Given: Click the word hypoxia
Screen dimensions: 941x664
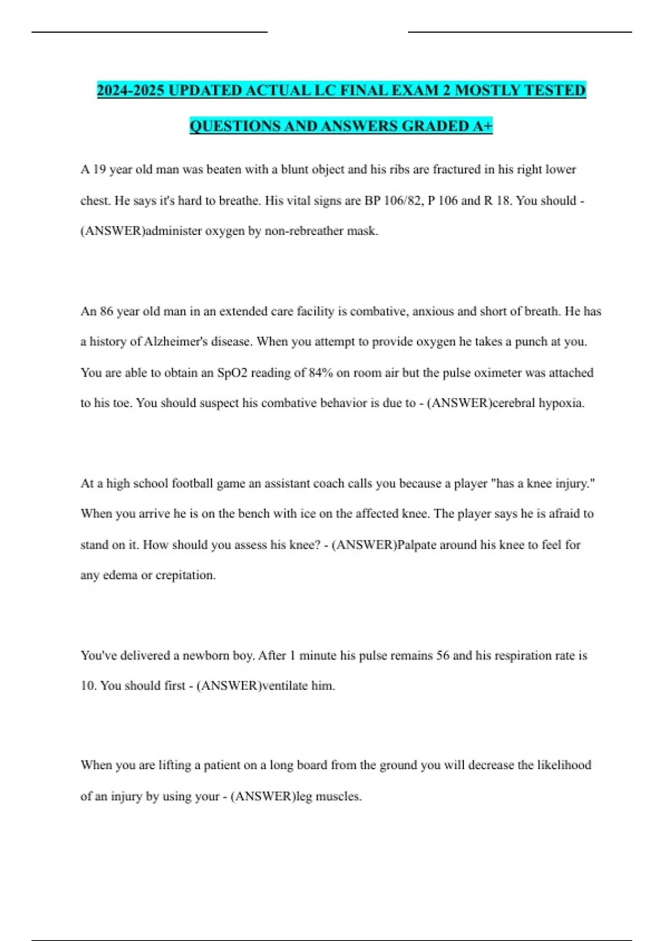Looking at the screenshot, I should pyautogui.click(x=562, y=403).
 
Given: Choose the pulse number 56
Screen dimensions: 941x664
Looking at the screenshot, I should pyautogui.click(x=443, y=655).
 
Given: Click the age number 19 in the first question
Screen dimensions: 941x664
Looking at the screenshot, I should pyautogui.click(x=99, y=169).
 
